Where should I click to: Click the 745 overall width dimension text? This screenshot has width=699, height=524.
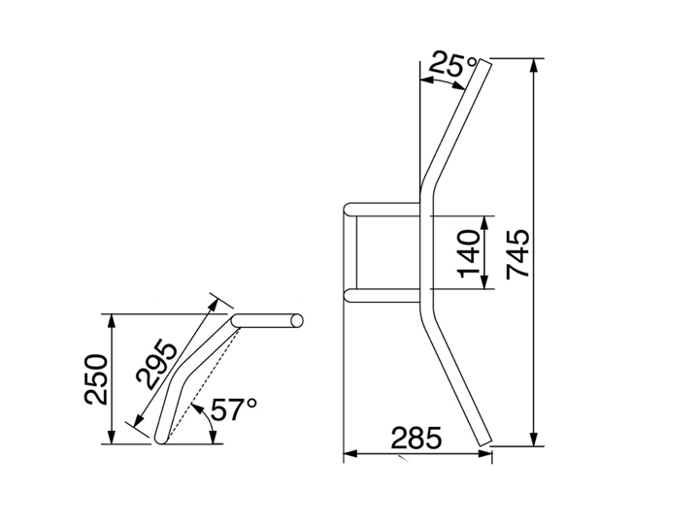pyautogui.click(x=518, y=254)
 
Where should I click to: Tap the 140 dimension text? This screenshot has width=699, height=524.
pyautogui.click(x=469, y=253)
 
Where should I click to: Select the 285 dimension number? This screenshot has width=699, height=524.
pyautogui.click(x=416, y=438)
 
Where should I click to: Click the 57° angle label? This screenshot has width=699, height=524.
pyautogui.click(x=234, y=409)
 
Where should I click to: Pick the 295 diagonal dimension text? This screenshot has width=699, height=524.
pyautogui.click(x=156, y=363)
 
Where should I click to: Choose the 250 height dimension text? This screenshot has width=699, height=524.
pyautogui.click(x=96, y=379)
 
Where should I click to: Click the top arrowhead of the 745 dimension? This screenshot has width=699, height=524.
pyautogui.click(x=535, y=66)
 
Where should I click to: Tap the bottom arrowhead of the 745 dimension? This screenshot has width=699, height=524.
pyautogui.click(x=535, y=439)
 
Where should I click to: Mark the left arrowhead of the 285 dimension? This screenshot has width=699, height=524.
pyautogui.click(x=350, y=454)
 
